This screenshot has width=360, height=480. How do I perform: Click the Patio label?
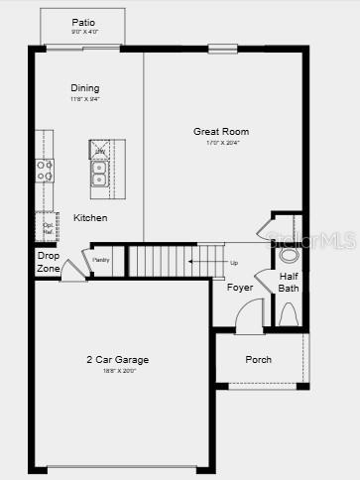[x=83, y=22]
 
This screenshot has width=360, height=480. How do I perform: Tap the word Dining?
[x=84, y=88]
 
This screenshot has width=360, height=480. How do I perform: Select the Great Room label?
[x=220, y=131]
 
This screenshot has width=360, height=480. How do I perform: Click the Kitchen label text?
[x=90, y=217]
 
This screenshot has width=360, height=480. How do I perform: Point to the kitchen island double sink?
[x=100, y=175]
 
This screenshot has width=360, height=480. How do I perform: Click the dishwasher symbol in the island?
[x=100, y=151]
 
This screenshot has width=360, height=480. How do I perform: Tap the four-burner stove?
[x=45, y=171]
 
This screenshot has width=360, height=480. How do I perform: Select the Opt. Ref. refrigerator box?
[x=46, y=226]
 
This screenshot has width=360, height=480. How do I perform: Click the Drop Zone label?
[x=48, y=262]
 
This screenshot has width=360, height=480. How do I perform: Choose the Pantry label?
[x=100, y=260]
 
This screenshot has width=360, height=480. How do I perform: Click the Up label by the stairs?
[x=234, y=263]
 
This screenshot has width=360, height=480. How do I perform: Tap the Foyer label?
[x=239, y=288]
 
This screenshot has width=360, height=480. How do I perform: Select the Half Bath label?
[x=288, y=282]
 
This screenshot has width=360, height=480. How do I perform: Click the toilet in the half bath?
[x=288, y=315]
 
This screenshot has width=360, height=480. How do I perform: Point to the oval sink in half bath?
[x=289, y=254]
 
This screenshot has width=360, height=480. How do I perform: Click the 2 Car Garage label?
[x=116, y=359]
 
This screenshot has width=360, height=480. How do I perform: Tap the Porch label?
[x=258, y=359]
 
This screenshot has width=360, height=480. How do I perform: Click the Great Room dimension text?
[x=220, y=144]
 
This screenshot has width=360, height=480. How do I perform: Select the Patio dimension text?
[x=83, y=32]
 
